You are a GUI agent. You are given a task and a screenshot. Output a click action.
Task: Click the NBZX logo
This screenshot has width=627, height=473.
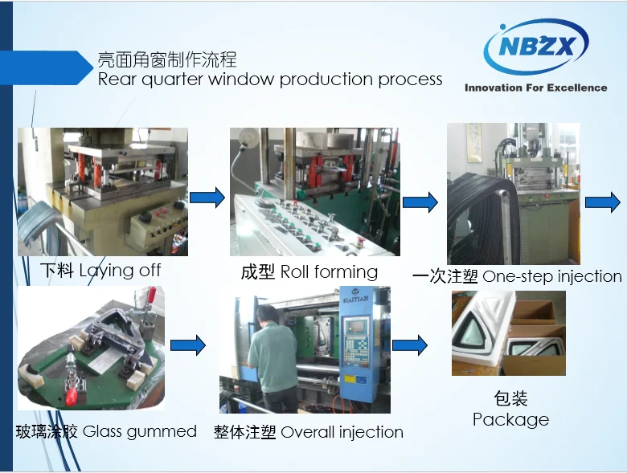click(x=536, y=46)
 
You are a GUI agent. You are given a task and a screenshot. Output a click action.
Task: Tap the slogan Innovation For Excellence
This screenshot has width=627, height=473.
click(x=536, y=88)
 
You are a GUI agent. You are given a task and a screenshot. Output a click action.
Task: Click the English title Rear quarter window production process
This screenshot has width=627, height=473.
click(x=270, y=79)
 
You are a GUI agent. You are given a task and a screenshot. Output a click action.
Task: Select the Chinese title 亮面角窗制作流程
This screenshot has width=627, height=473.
click(x=167, y=59)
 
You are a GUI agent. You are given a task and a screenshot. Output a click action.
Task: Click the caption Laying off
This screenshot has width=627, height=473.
click(x=120, y=271)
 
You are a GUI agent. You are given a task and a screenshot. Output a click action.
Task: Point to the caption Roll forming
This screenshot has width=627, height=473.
click(x=329, y=272)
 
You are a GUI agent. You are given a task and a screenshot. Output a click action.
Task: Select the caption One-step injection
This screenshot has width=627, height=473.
click(x=552, y=276)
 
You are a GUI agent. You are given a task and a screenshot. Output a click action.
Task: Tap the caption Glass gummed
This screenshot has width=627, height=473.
click(x=140, y=432)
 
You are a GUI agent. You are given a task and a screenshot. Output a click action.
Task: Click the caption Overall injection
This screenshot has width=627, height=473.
click(x=342, y=432)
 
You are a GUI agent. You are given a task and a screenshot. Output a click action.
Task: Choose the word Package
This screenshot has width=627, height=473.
click(x=510, y=420)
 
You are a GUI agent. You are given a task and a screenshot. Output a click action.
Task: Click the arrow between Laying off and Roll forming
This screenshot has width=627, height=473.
click(x=207, y=198)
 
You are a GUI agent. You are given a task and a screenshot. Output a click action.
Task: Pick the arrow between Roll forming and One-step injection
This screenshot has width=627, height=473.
click(x=420, y=202)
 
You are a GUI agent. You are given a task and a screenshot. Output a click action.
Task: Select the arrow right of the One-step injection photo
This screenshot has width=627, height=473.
click(x=603, y=202)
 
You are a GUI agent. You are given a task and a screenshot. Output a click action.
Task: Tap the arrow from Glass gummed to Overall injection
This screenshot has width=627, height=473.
click(x=188, y=345)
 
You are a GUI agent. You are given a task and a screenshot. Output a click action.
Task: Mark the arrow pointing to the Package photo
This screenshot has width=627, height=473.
click(x=410, y=345)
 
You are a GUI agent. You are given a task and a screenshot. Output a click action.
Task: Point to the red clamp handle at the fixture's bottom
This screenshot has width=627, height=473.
click(x=71, y=394)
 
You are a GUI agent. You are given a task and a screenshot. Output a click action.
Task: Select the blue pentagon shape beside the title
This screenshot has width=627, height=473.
click(x=47, y=68)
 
